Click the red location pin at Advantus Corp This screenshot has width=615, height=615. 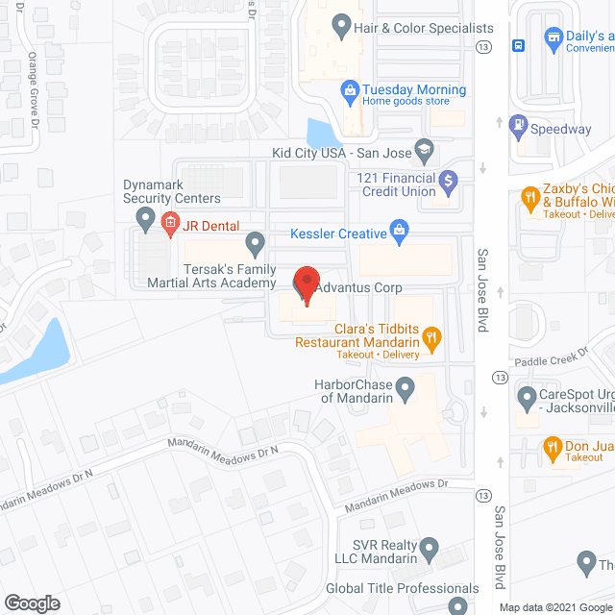(306, 284)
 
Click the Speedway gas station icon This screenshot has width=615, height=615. (520, 126)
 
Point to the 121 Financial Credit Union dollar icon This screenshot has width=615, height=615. (447, 179)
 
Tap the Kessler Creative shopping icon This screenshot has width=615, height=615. (402, 231)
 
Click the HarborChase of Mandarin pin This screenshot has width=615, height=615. (406, 390)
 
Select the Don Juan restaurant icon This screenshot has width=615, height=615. (552, 446)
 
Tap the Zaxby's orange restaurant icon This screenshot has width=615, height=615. (529, 198)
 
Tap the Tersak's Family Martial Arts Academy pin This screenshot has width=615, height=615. (255, 244)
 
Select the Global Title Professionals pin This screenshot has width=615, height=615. (460, 605)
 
